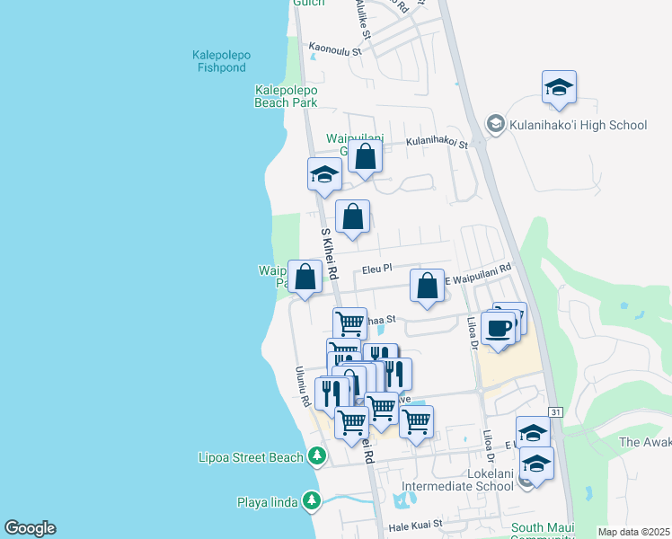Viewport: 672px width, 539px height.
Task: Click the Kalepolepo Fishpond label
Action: [x=221, y=61]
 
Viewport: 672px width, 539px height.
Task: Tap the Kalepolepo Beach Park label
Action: [x=286, y=96]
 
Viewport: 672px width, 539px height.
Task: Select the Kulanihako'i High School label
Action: [x=578, y=125]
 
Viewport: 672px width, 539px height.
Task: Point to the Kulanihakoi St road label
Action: [x=437, y=142]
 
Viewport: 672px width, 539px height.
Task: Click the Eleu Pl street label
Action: [x=377, y=269]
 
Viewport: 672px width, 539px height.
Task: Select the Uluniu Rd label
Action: [x=304, y=386]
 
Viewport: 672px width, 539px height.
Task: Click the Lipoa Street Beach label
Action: [x=251, y=457]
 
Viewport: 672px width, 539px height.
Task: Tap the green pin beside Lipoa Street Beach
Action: [x=316, y=457]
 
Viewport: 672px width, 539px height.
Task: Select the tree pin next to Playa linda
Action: [x=311, y=499]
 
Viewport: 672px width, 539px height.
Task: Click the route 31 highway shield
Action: [x=556, y=412]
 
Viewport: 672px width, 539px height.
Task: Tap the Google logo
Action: [x=30, y=528]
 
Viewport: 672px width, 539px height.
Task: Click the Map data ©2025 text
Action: [x=633, y=532]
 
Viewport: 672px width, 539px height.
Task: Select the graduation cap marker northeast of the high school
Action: [x=559, y=89]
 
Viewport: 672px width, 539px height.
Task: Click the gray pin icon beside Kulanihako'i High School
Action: [x=494, y=123]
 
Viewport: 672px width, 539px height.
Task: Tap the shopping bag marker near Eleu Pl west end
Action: [x=305, y=278]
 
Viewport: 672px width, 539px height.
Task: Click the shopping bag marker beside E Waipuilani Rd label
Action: [x=428, y=286]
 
